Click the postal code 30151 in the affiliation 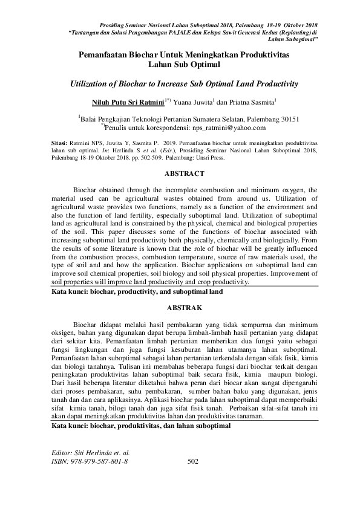coord(286,119)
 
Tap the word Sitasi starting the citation coord(59,145)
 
